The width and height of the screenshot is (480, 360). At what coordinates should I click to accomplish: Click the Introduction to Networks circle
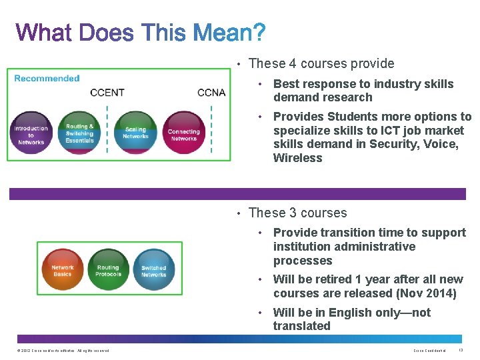pos(31,134)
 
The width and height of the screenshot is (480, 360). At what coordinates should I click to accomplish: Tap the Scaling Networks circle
pos(135,133)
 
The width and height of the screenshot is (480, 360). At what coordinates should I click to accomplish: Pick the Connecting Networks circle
pos(184,134)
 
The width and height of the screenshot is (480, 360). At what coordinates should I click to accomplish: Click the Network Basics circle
pos(63,270)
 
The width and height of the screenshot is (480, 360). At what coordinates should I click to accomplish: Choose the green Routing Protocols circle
pos(108,270)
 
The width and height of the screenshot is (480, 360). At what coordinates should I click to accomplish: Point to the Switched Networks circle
pos(153,271)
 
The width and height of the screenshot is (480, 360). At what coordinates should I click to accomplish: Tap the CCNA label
pos(211,92)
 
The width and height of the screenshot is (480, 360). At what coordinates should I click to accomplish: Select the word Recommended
pos(47,78)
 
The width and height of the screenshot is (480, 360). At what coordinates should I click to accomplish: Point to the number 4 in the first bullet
pos(293,64)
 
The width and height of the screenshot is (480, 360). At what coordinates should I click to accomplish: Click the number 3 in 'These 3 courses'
pos(293,213)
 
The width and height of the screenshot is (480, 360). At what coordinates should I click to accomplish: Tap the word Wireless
pos(297,158)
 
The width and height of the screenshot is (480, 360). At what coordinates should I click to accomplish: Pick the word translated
pos(301,326)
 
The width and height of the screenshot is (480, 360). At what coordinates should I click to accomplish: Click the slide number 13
pos(462,351)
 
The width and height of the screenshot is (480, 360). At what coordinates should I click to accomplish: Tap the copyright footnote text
pos(61,351)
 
